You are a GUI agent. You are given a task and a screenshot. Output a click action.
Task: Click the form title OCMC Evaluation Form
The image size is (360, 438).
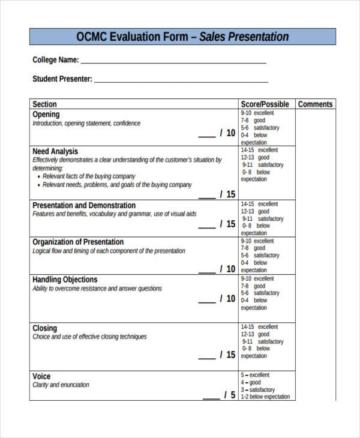[182, 37]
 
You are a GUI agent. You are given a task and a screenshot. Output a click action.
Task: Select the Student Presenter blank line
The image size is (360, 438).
[181, 79]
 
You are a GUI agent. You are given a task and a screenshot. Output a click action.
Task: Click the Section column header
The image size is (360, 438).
[45, 104]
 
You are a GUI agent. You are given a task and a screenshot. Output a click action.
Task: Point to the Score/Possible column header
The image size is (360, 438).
[265, 104]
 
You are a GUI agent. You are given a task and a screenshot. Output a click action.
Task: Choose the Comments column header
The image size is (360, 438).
[315, 104]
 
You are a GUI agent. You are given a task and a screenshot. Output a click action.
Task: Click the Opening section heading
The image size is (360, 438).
[46, 114]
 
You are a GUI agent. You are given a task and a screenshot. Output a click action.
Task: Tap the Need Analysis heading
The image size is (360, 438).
[55, 151]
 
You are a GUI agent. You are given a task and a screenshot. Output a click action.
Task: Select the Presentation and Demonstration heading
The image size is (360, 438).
[84, 205]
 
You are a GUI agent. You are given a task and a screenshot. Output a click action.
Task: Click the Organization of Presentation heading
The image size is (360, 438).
[78, 242]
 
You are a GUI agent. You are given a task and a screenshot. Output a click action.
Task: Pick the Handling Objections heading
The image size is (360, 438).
[65, 279]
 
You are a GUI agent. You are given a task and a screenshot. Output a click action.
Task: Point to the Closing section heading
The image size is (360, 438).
[45, 328]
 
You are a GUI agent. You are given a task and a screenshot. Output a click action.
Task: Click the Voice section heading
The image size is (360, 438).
[41, 376]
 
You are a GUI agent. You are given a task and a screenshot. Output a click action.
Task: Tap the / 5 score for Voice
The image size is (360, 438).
[229, 395]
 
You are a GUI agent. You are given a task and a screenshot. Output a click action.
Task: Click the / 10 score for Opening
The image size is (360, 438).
[227, 133]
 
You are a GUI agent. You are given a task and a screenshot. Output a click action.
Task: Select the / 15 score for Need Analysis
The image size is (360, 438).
[227, 194]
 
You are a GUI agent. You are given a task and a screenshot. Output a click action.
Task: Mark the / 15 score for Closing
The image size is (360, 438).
[227, 355]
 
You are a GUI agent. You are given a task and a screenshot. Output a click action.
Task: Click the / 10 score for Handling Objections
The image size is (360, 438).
[227, 298]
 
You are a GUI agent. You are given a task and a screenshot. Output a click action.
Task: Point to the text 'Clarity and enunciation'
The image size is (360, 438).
[61, 385]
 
